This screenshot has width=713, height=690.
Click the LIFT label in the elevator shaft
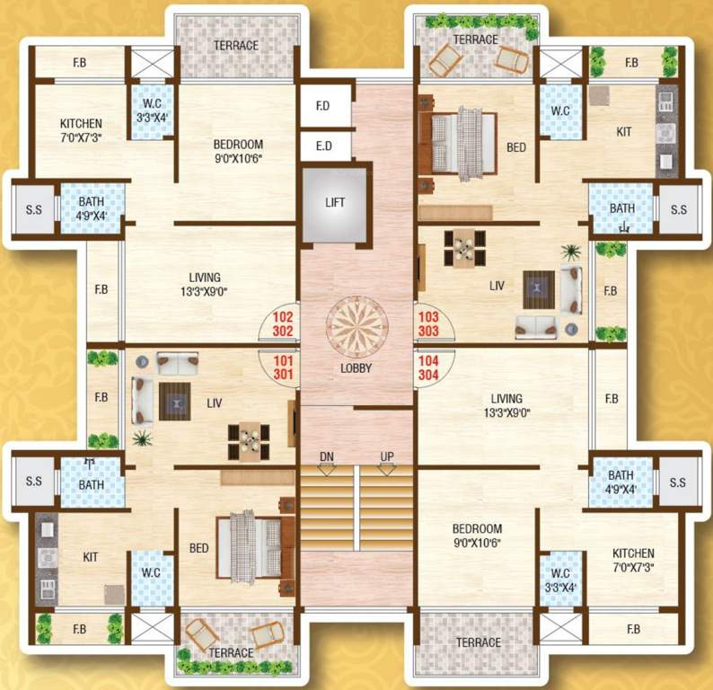(334, 203)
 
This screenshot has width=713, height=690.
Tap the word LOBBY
(356, 368)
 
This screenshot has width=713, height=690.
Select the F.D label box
(322, 106)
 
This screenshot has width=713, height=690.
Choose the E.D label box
(322, 144)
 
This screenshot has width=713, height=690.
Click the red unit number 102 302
(282, 323)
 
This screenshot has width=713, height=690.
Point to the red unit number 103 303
(427, 323)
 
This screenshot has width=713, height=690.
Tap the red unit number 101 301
(282, 367)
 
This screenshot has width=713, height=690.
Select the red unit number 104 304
(427, 367)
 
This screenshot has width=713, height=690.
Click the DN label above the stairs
(327, 457)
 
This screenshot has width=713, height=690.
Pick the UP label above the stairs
(387, 457)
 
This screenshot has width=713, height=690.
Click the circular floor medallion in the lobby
(356, 320)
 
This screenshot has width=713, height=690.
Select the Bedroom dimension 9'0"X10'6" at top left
(238, 158)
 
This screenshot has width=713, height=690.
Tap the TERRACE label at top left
(235, 46)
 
